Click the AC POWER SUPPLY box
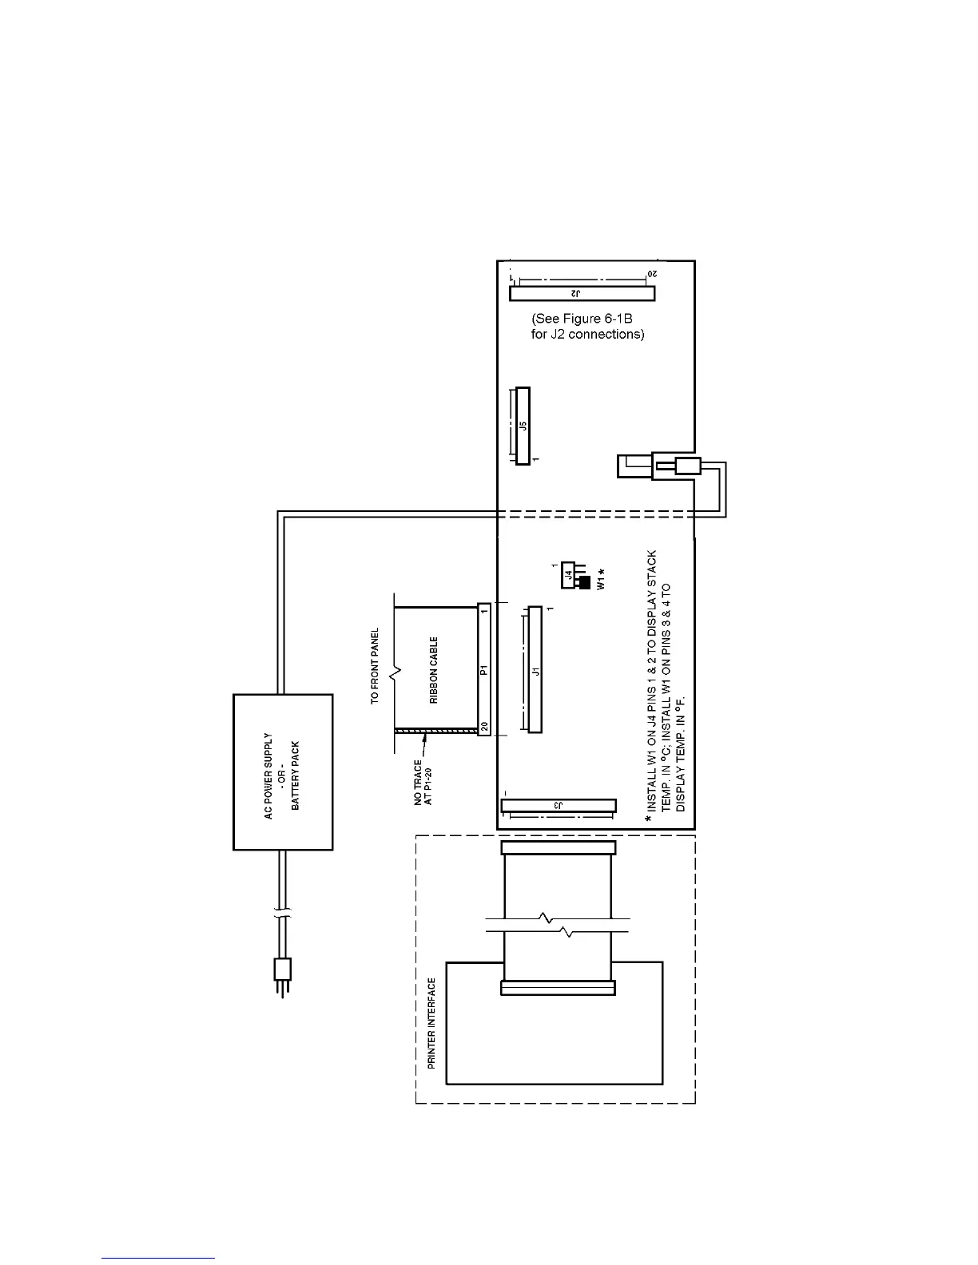tap(282, 771)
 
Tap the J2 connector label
tap(582, 294)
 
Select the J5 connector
tap(523, 426)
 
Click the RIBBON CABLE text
tap(435, 669)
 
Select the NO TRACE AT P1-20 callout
tap(423, 783)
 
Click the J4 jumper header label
tap(567, 574)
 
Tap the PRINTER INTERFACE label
tap(431, 1024)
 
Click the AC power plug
tap(281, 970)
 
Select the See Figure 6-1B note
tap(587, 326)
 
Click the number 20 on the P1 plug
tap(484, 727)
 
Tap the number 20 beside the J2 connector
tap(651, 275)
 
